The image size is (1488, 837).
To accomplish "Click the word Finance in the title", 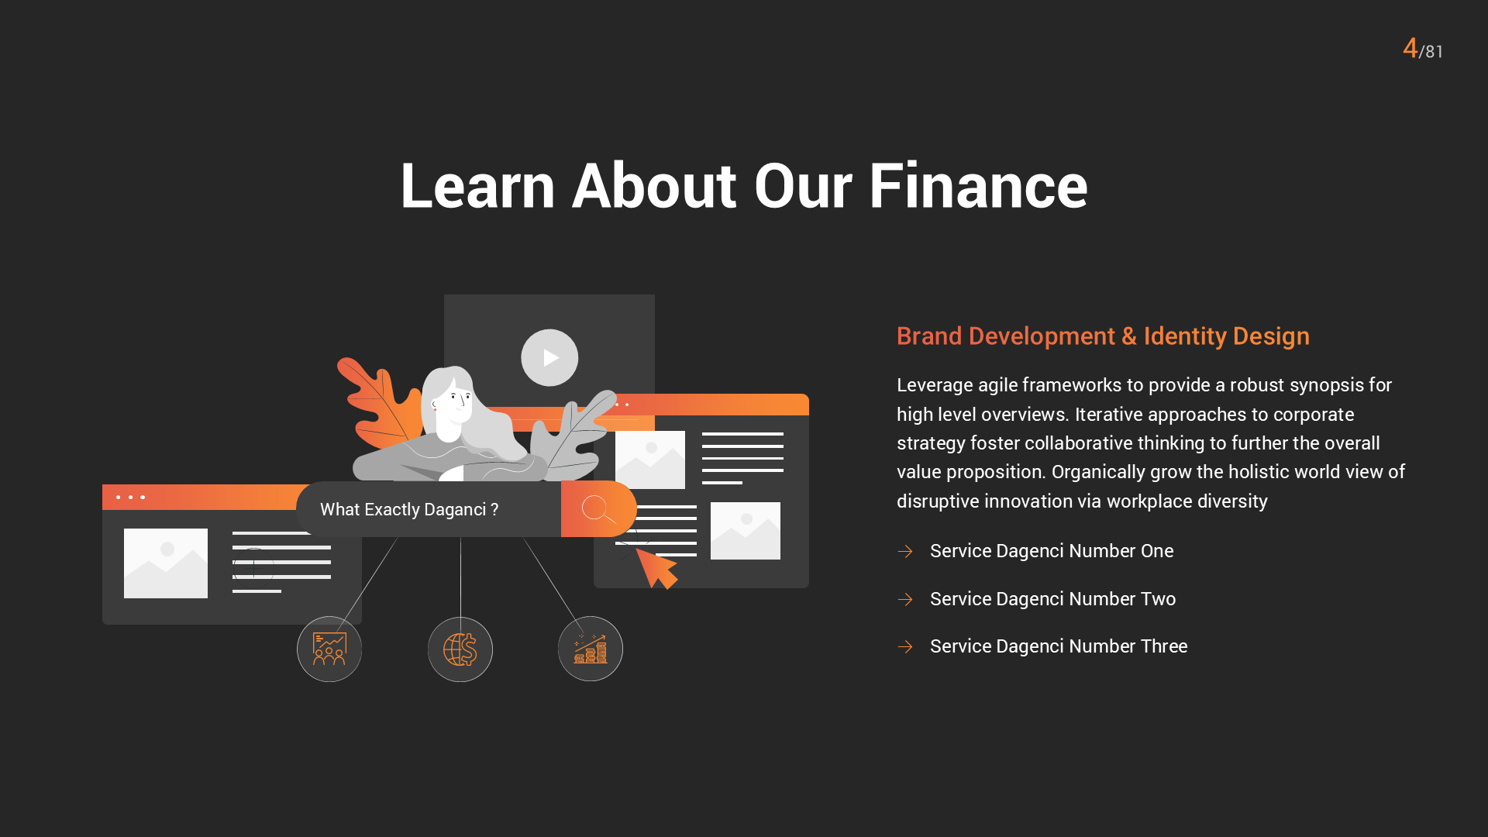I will point(978,187).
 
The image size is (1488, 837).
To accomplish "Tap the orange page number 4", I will point(1410,48).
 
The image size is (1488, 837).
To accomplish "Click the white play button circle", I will point(549,357).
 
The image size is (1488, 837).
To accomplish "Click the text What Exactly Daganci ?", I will point(409,509).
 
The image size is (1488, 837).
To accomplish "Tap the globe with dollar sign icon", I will point(460,649).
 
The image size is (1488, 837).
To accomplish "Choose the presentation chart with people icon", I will point(329,649).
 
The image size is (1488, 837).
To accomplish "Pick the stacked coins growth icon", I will point(591,649).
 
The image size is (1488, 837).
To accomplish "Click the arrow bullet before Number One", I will point(905,551).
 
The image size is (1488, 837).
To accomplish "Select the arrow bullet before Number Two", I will point(905,599).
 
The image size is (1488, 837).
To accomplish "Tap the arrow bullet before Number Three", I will point(905,646).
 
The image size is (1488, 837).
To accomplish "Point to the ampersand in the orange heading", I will point(1128,336).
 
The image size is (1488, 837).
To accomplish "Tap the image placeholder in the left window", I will point(166,563).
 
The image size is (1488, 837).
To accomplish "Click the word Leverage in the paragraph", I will point(934,385).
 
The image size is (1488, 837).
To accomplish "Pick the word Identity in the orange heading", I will point(1185,336).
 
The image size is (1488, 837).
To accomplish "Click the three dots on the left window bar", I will point(130,497).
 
